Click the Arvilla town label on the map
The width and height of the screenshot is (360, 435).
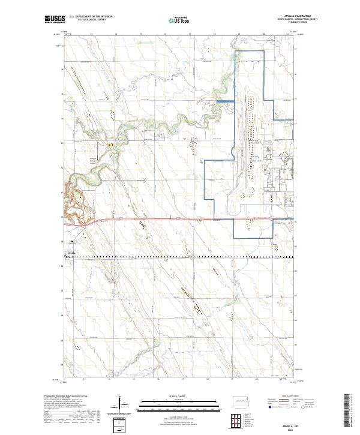pos(71,253)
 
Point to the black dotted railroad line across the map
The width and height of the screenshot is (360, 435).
pos(180,257)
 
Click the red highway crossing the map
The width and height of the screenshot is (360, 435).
pos(180,219)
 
